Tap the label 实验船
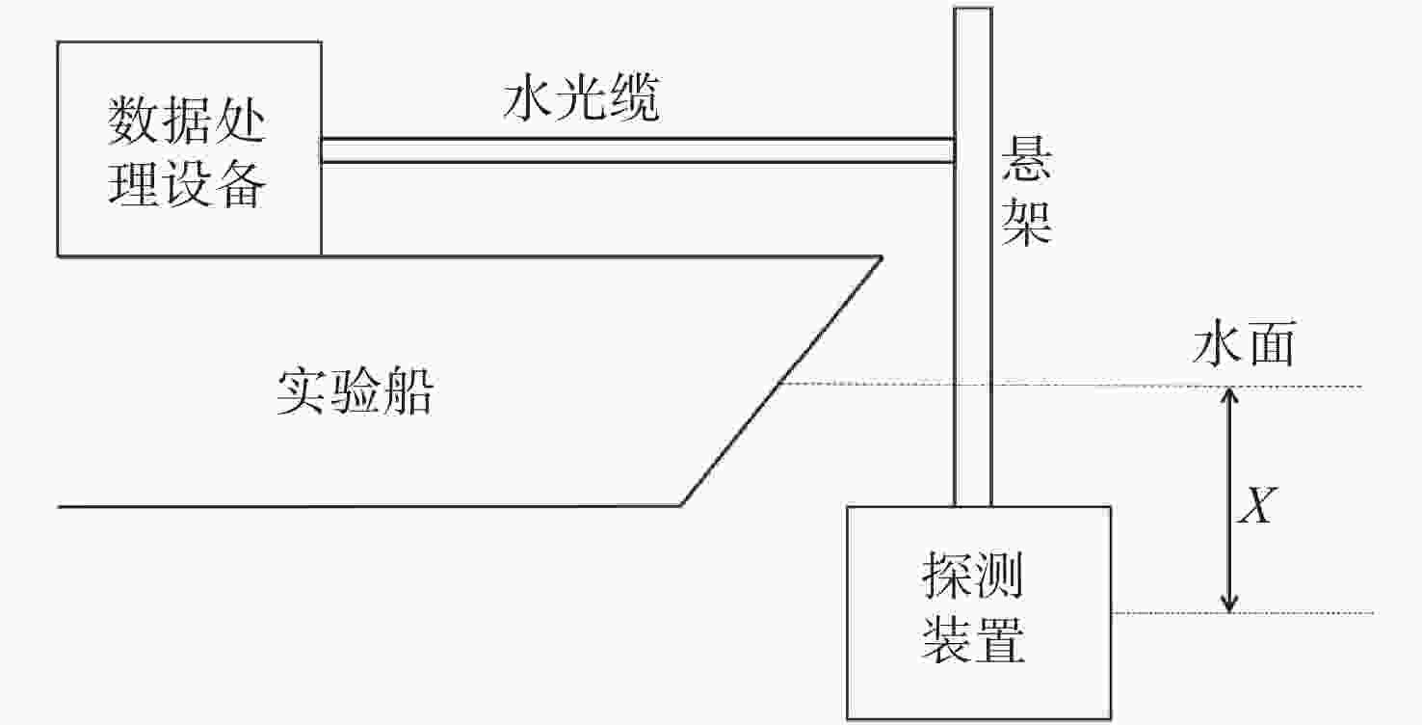(355, 392)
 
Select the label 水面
(1242, 345)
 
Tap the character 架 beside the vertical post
(1026, 224)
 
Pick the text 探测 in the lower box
(972, 577)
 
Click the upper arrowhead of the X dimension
(1228, 394)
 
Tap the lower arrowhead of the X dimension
(1228, 604)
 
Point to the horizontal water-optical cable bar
(636, 150)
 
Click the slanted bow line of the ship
(780, 382)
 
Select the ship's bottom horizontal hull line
(366, 505)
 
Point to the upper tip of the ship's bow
(881, 256)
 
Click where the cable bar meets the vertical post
(954, 150)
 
